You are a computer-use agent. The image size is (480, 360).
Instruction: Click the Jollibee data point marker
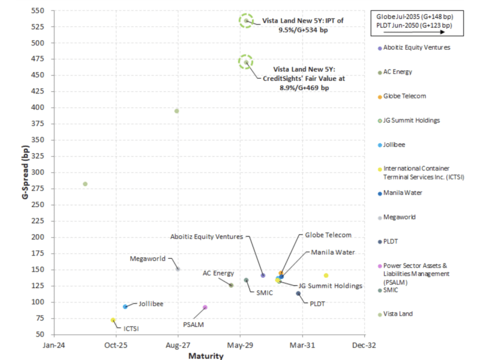(125, 307)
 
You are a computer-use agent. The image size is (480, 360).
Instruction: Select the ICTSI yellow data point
(113, 320)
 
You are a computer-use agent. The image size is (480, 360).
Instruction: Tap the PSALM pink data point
(205, 307)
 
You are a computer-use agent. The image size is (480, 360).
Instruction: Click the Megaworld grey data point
(178, 269)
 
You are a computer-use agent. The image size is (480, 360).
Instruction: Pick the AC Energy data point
(231, 285)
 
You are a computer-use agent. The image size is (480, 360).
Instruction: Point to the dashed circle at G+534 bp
(246, 20)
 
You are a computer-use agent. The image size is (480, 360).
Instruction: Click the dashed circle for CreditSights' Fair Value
(246, 62)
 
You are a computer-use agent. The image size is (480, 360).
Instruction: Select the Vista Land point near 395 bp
(176, 111)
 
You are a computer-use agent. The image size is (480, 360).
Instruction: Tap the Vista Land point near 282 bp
(85, 184)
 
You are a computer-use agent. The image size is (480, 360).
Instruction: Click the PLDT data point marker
(298, 293)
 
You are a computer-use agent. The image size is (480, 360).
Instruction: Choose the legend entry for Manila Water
(403, 193)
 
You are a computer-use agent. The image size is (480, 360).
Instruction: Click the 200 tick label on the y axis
(38, 237)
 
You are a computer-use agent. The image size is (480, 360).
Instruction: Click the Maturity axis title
(206, 356)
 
